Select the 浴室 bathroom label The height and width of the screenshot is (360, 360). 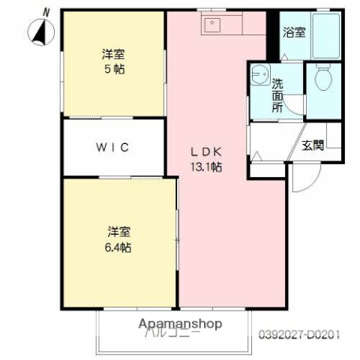point(293,32)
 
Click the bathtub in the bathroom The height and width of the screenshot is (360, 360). point(326,35)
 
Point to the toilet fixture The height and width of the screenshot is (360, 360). point(324,79)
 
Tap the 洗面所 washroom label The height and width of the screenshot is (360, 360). point(277,95)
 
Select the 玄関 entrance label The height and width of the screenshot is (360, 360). point(313,144)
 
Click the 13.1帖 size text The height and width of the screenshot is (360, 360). point(206,166)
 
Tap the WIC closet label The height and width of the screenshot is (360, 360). point(112,147)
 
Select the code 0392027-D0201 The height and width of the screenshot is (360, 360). point(305,333)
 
